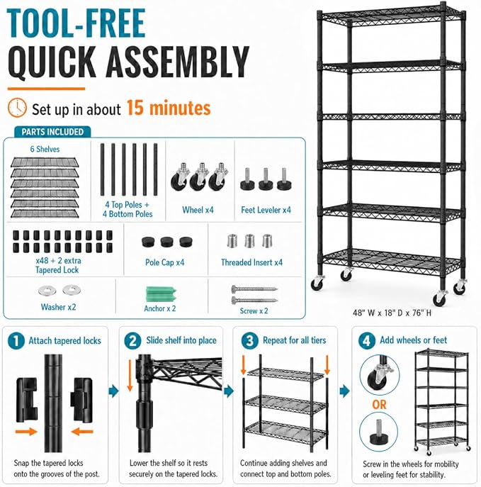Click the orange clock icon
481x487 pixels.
coord(17,108)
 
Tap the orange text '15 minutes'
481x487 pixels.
coord(169,108)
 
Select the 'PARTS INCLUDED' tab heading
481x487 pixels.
coord(52,132)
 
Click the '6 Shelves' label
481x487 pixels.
coord(45,149)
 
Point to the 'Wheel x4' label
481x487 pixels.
coord(198,210)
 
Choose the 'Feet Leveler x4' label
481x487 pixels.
coord(266,210)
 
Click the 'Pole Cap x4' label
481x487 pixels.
coord(164,262)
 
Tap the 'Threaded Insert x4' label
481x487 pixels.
coord(251,262)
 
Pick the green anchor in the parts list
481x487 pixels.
coord(161,294)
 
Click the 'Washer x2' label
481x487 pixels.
coord(58,307)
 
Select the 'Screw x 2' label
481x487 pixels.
coord(254,311)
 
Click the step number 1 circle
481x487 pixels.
coord(16,341)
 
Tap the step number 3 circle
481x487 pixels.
coord(250,341)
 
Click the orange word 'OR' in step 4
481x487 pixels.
coord(379,405)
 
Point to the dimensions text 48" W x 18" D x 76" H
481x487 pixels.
coord(392,313)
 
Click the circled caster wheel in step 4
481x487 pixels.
coord(380,375)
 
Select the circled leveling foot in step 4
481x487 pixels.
coord(378,432)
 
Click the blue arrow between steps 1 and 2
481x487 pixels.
coord(113,391)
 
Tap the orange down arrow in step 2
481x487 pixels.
coord(130,376)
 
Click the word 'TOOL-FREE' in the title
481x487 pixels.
coord(76,23)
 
